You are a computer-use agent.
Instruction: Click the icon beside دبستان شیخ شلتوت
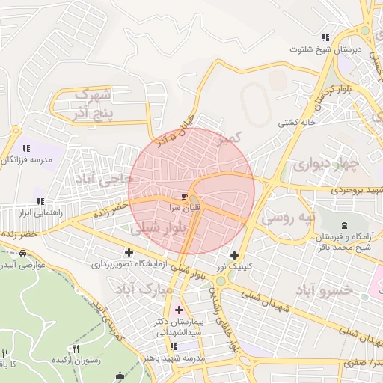[x=325, y=37]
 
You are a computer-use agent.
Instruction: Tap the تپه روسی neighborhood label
[x=289, y=218]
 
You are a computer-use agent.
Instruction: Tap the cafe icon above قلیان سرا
[x=185, y=197]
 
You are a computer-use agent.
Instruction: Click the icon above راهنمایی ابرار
[x=40, y=200]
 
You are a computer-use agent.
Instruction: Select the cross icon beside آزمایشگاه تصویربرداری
[x=129, y=253]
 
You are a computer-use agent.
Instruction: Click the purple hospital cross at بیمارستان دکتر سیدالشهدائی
[x=178, y=310]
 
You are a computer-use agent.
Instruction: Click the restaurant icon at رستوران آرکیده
[x=75, y=349]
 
